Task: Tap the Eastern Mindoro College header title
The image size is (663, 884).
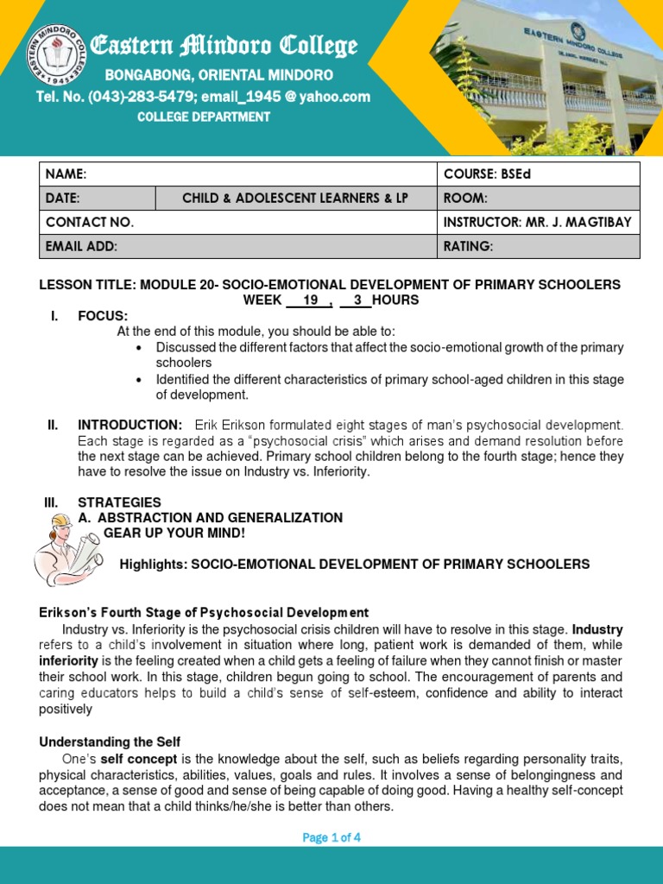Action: click(x=224, y=46)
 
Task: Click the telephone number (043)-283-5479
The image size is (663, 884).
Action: click(x=151, y=97)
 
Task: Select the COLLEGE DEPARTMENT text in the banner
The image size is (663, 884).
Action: click(x=204, y=117)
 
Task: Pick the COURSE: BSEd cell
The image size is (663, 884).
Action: click(x=487, y=174)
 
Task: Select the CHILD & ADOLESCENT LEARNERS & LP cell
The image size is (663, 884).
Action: click(x=295, y=199)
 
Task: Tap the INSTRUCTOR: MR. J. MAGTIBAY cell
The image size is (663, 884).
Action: click(x=537, y=223)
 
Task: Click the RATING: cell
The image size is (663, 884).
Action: click(x=468, y=247)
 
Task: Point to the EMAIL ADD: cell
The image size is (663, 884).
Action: click(x=81, y=247)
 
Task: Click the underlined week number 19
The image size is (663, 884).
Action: click(x=312, y=300)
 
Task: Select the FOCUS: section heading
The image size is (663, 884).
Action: click(x=103, y=316)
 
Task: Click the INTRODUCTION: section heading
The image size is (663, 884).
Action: click(x=129, y=425)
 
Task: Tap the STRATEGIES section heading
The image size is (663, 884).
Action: click(x=119, y=502)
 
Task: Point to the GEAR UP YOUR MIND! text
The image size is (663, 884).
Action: click(x=174, y=533)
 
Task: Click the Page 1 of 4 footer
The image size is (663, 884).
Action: click(x=331, y=837)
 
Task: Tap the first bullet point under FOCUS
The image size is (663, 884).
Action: click(x=139, y=348)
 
